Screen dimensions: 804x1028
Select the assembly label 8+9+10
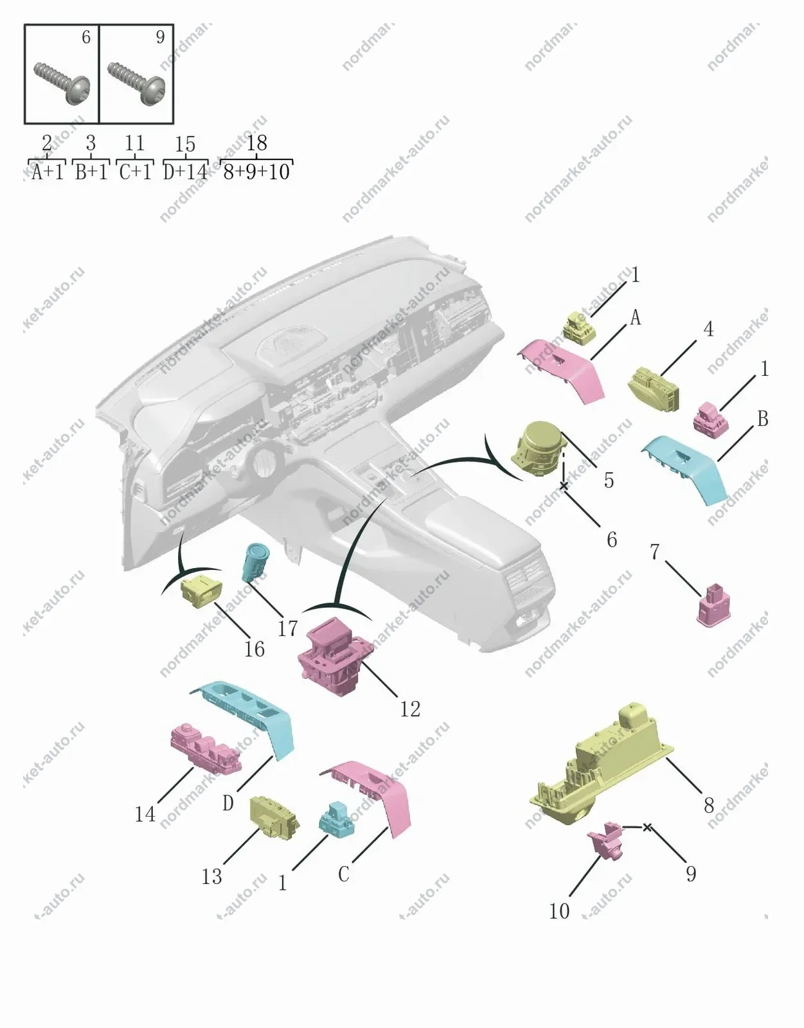pos(256,172)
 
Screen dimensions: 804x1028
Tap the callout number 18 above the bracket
pos(256,143)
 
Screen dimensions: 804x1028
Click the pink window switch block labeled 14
pos(206,750)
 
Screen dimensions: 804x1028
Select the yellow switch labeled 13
pos(274,817)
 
